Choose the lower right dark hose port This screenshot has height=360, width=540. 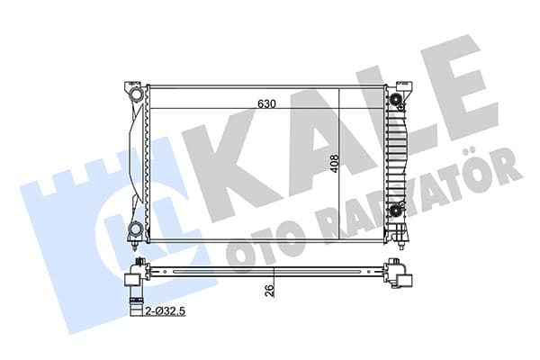pos(396,212)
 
